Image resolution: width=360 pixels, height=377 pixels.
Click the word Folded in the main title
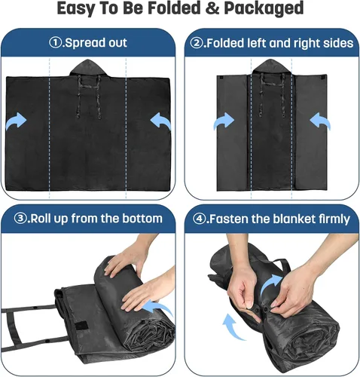coord(174,8)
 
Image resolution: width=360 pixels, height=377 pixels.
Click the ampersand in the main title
coord(212,8)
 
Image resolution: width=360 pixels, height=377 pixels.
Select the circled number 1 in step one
coord(55,43)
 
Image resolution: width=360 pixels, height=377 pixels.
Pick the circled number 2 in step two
coord(196,43)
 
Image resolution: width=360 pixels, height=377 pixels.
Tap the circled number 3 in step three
coord(20,219)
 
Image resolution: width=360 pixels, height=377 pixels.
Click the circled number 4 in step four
coord(199,219)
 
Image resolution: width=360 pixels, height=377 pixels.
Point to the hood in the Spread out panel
coord(88,67)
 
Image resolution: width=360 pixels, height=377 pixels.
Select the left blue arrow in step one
coord(17,121)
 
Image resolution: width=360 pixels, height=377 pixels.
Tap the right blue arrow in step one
coord(160,121)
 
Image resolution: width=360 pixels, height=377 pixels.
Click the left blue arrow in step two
coord(224,121)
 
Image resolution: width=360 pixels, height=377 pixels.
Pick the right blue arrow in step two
coord(320,121)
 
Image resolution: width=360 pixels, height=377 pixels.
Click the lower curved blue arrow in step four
coord(233,326)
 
